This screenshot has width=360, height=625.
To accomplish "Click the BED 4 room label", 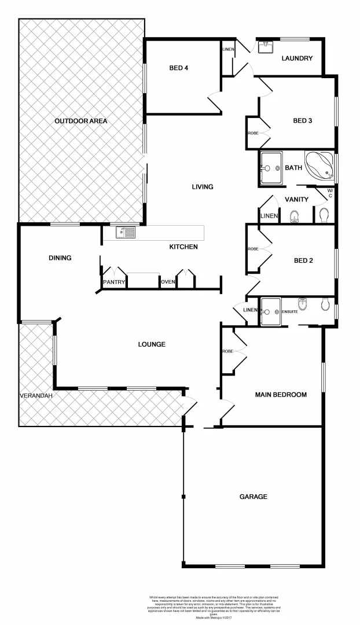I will pos(179,68).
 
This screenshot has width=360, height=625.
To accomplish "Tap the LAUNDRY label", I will pos(297,58).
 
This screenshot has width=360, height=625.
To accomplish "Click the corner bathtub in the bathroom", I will pos(319,167).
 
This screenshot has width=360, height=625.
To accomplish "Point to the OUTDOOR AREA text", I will pos(81,121).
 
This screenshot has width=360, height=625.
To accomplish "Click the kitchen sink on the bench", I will pos(126,233).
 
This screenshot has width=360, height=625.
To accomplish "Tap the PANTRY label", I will pos(113,282).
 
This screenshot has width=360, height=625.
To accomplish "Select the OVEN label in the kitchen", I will pos(168,282).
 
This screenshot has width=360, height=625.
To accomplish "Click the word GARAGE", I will pos(254,497).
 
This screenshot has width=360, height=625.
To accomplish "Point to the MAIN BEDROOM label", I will pos(281,395).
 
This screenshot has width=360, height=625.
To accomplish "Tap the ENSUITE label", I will pos(289,312).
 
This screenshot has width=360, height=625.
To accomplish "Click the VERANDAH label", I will pos(36,395).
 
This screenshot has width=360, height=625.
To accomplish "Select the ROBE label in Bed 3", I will pos(253,133).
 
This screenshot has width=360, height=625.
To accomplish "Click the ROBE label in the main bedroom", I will pos(227,351).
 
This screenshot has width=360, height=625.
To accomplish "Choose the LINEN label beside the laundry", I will pos(227,50).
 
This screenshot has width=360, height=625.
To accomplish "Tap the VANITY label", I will pos(296,200).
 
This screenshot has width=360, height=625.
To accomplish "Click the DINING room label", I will pos(60,258).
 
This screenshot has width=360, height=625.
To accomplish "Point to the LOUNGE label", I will pos(152,344).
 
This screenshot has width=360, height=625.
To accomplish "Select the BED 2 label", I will pos(303,260).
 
